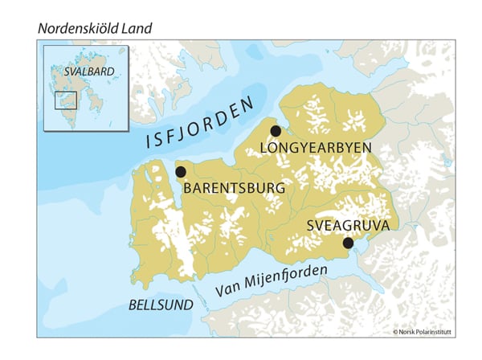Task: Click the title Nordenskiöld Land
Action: point(94,29)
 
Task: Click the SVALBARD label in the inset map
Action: point(89,71)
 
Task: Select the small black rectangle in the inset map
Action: point(65,100)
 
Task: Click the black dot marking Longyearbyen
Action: point(276,131)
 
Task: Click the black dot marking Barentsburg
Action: point(181,172)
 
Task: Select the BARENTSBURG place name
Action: point(235,188)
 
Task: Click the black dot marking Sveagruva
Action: point(348,243)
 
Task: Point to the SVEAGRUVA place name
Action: point(348,226)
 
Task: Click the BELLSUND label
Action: point(161,305)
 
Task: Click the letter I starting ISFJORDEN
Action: point(149,141)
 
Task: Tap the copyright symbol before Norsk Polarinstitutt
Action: point(395,331)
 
